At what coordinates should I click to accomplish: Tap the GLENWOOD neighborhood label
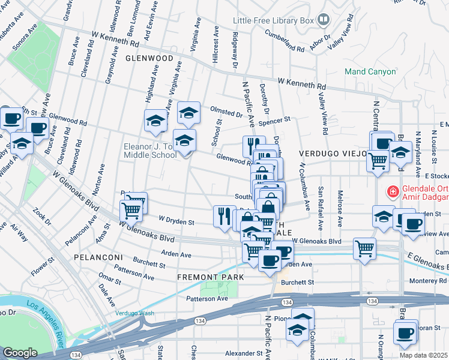[x=145, y=59]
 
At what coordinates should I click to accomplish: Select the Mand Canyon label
[x=370, y=71]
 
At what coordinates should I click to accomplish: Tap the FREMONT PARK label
[x=210, y=277]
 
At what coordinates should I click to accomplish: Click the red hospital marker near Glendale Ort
[x=393, y=192]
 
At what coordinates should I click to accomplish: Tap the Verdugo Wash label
[x=135, y=313]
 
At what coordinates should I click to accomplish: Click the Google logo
[x=20, y=353]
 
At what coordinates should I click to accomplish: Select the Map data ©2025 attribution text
[x=424, y=355]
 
